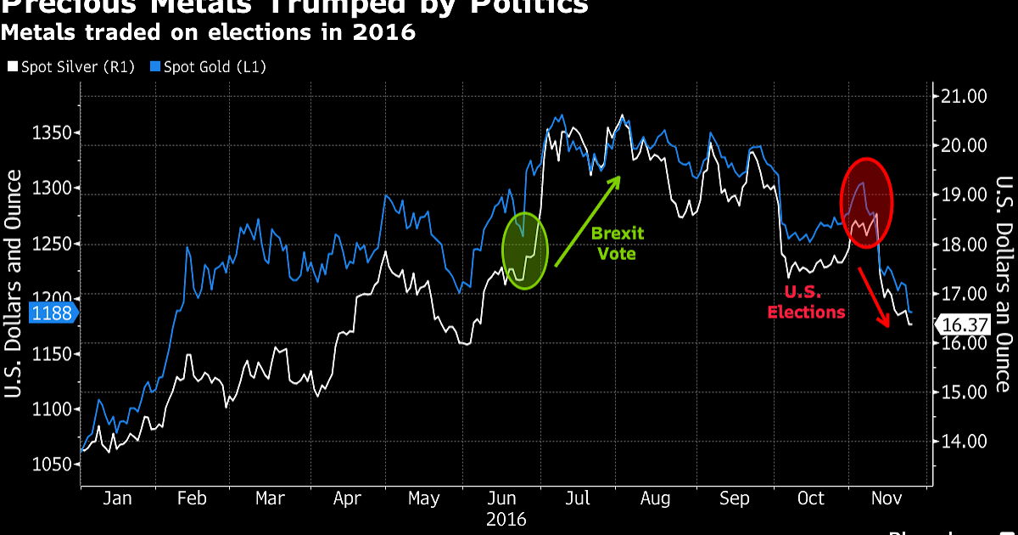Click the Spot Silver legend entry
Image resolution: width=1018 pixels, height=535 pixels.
pyautogui.click(x=70, y=66)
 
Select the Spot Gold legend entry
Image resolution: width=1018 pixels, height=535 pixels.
pyautogui.click(x=208, y=66)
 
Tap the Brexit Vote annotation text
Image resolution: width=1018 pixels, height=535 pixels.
pyautogui.click(x=617, y=243)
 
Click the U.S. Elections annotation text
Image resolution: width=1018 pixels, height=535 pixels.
pyautogui.click(x=806, y=301)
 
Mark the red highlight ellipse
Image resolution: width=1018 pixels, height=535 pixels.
pyautogui.click(x=866, y=203)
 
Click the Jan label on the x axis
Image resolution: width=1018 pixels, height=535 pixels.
pyautogui.click(x=116, y=498)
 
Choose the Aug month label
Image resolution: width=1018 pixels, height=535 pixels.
pyautogui.click(x=656, y=498)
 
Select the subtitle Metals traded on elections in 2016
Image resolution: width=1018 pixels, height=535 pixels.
pyautogui.click(x=208, y=33)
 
